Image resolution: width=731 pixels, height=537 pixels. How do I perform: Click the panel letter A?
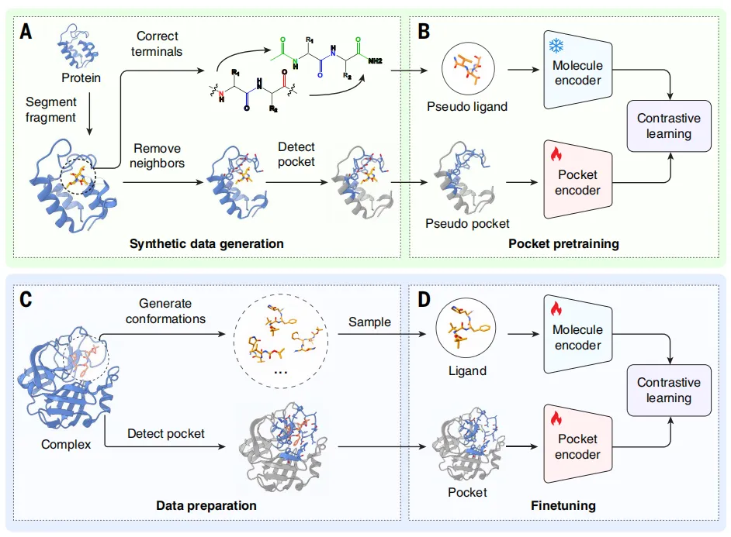tap(26, 32)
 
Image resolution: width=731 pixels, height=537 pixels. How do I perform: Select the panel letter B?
tap(424, 32)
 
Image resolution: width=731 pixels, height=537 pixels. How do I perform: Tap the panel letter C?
tap(28, 299)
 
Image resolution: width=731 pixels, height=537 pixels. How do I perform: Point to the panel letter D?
tap(424, 299)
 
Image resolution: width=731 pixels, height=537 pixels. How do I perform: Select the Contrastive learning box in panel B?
tap(668, 126)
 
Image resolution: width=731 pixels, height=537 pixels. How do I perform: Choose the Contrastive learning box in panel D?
tap(668, 390)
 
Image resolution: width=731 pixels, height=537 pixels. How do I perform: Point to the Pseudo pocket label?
tap(467, 223)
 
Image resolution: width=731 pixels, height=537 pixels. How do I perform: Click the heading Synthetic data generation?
tap(207, 243)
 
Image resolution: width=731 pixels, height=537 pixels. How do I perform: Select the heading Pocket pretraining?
tap(563, 243)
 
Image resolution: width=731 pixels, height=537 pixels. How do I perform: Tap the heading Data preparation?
tap(206, 505)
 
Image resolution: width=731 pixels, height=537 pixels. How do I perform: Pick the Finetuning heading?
tap(563, 505)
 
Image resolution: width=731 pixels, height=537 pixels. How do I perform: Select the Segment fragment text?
tap(52, 109)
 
